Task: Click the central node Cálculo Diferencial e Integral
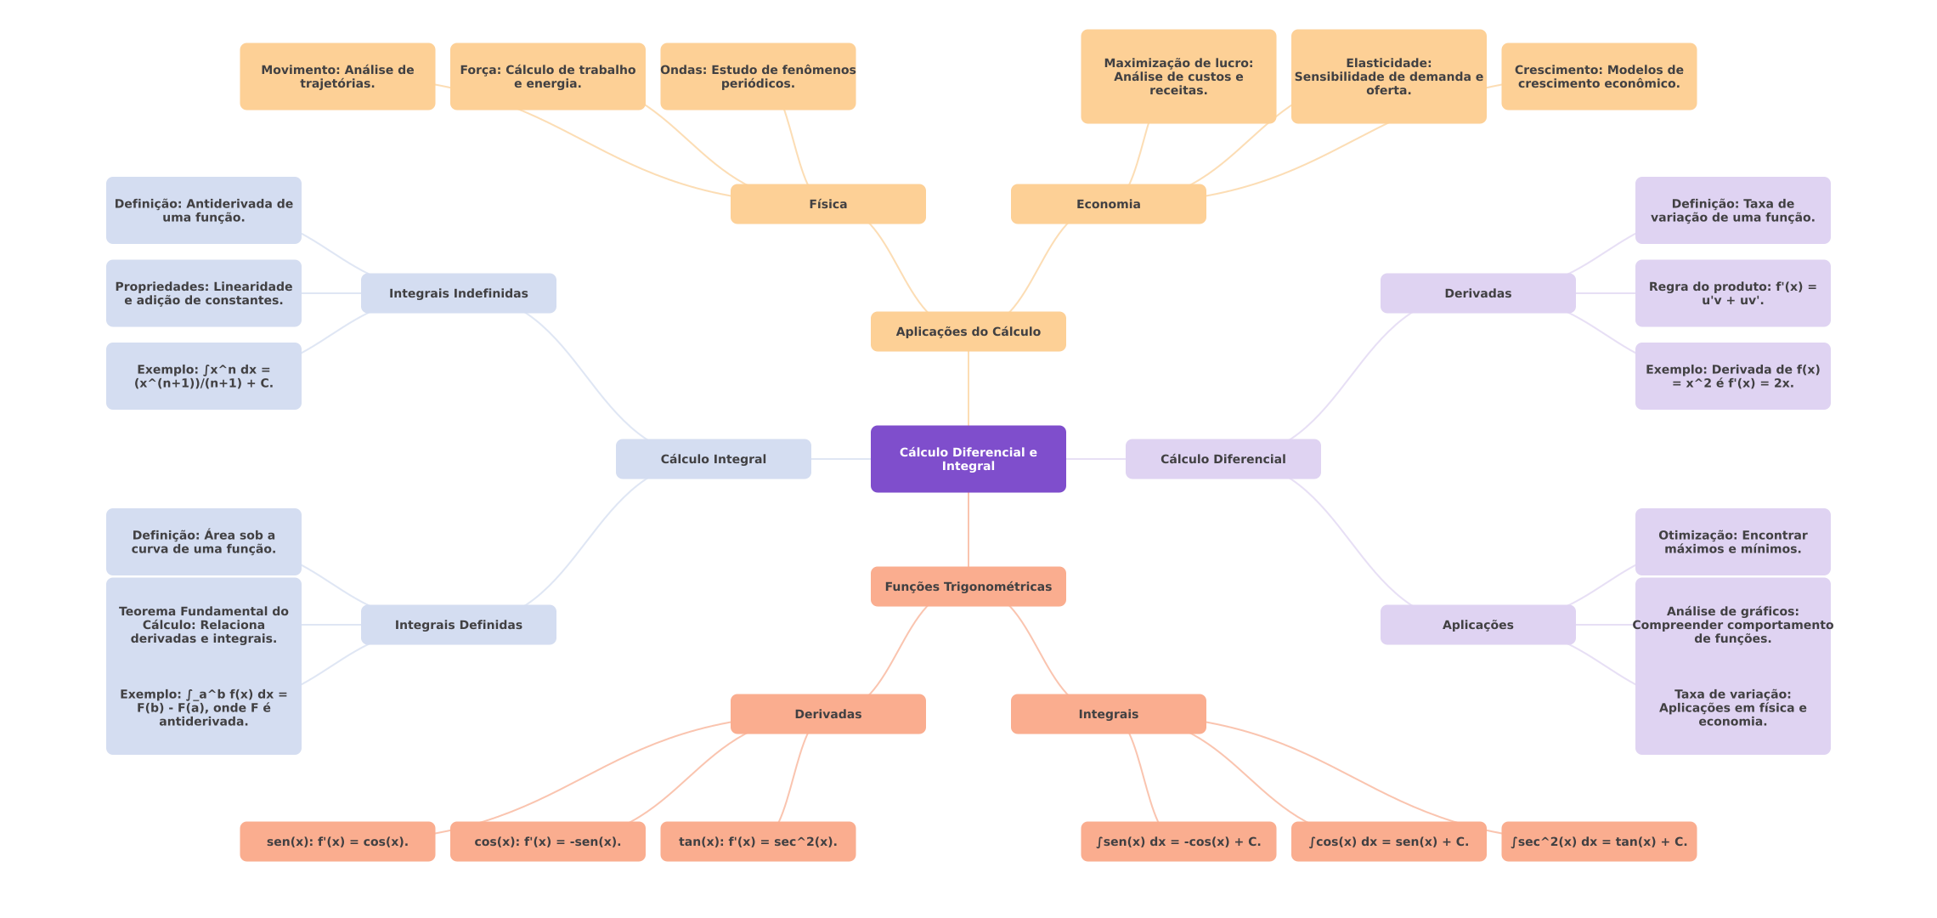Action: [968, 459]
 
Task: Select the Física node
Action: [827, 204]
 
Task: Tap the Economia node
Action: [1108, 204]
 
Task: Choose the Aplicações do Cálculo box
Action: [968, 331]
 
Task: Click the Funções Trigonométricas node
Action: [968, 586]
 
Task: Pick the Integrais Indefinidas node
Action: [458, 293]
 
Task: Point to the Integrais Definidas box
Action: [458, 625]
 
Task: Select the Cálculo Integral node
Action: [713, 459]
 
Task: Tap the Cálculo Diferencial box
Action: [1223, 459]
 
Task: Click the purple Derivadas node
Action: [1477, 293]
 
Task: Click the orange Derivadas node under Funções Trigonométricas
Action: [827, 714]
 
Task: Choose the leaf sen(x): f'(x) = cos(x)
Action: [337, 841]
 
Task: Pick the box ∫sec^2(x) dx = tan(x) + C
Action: [1599, 841]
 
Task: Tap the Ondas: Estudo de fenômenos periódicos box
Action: [758, 76]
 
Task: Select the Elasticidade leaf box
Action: [1388, 76]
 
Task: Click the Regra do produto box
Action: [1732, 293]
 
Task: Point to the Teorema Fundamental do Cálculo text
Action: [203, 625]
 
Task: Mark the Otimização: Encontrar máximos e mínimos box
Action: [1732, 542]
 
